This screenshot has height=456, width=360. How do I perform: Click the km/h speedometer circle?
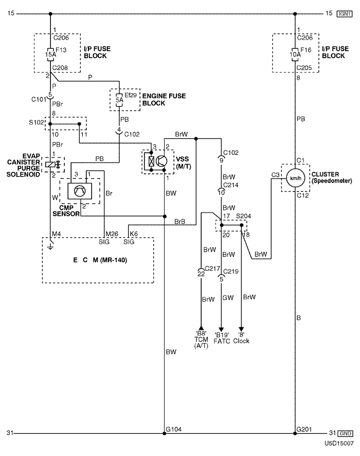295,178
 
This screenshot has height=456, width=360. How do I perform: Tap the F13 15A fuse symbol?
50,55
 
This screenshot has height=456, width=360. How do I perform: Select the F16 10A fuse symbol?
295,55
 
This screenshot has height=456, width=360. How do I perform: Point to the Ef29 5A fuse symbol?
119,100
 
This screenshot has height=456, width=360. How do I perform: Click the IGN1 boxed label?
345,14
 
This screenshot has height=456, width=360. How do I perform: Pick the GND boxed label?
345,433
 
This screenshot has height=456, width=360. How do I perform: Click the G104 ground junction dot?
165,433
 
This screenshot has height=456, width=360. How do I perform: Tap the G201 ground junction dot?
295,433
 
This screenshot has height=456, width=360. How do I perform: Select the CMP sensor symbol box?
80,191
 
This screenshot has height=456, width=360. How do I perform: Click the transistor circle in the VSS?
161,161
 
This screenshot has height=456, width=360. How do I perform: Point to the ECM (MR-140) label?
100,260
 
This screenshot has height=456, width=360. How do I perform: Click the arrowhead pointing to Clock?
241,329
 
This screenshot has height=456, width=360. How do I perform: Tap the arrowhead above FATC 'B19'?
221,329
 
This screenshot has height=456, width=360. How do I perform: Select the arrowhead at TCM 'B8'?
201,328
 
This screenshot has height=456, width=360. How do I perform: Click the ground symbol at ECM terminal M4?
50,245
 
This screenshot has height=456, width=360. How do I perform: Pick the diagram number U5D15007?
339,444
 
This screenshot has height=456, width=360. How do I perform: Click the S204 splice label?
243,216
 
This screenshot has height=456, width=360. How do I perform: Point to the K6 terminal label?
134,234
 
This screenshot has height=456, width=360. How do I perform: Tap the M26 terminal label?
112,234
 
